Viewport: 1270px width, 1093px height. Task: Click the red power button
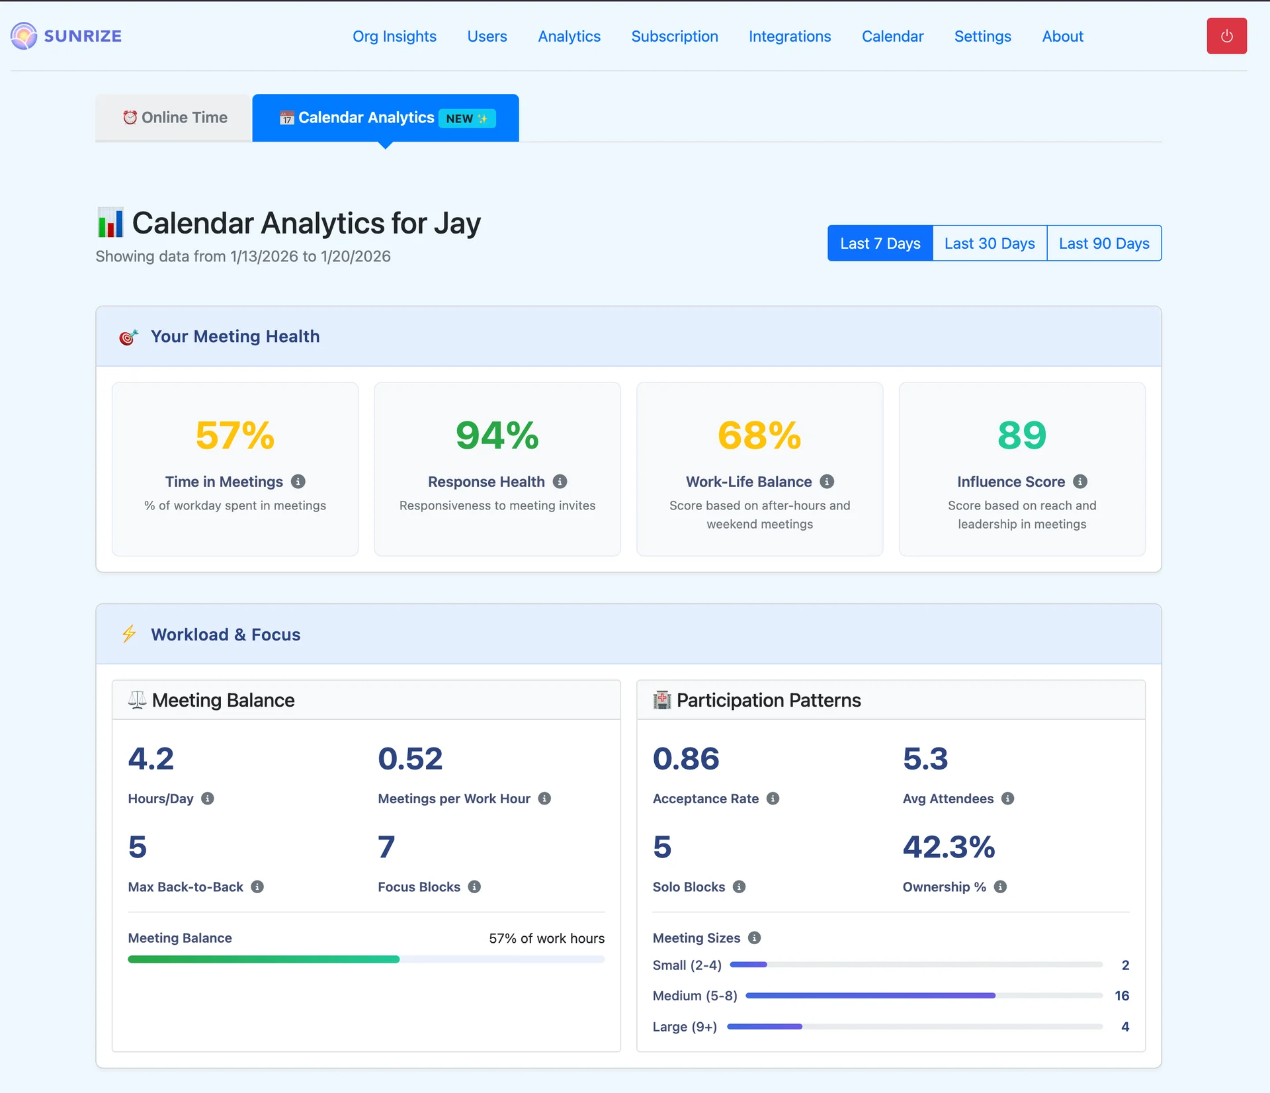(x=1226, y=36)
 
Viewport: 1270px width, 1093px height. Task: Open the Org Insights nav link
(x=394, y=36)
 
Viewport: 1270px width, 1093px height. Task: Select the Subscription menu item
(x=674, y=36)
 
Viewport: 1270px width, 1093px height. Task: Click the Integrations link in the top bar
(x=790, y=36)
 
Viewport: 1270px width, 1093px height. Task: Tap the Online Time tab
(x=174, y=118)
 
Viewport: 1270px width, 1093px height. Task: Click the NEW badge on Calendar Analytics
(x=467, y=118)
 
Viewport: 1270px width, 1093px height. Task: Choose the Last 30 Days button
(x=990, y=243)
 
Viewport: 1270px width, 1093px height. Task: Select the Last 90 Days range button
(x=1104, y=243)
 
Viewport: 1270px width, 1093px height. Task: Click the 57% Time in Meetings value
(x=235, y=435)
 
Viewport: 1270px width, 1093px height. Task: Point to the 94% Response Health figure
(x=497, y=435)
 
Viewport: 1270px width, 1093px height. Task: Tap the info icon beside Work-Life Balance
(x=827, y=482)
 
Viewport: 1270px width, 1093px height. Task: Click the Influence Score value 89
(x=1022, y=435)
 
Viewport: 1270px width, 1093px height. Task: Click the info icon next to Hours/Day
(x=208, y=799)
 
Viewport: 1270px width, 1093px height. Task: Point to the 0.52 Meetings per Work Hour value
(x=410, y=759)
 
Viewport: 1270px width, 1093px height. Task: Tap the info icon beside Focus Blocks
(x=474, y=887)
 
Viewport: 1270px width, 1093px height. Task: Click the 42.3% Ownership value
(x=949, y=847)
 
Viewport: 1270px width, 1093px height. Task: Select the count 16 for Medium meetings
(x=1122, y=996)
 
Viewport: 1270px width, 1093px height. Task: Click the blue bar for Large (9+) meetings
(x=765, y=1027)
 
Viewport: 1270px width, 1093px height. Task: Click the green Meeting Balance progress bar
(x=264, y=959)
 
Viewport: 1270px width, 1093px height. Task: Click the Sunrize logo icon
(x=24, y=36)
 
